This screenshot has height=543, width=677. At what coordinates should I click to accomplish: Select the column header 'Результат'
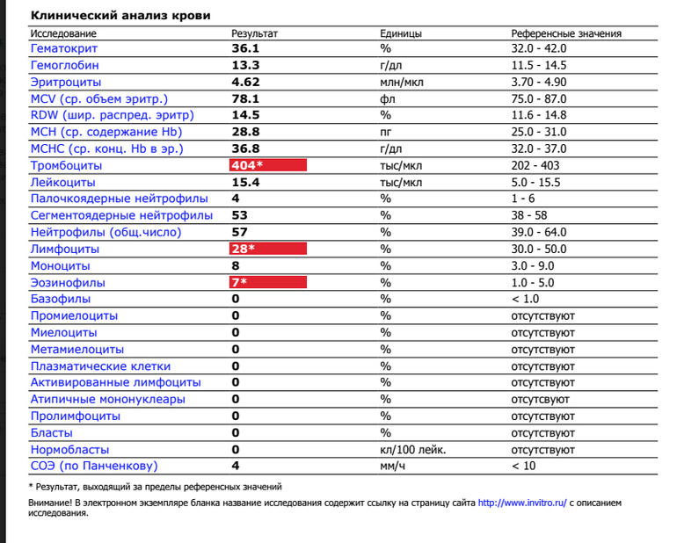254,33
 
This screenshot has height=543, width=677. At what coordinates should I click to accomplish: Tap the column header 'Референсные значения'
566,33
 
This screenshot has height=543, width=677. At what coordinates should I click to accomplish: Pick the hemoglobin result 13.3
245,65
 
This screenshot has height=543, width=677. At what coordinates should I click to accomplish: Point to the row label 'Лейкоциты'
63,182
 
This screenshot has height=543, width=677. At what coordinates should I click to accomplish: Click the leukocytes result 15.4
245,182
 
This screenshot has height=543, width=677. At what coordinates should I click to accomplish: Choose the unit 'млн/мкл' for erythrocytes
403,82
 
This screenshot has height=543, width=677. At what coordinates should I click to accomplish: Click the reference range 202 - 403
538,165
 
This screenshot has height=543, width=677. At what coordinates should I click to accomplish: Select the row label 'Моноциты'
61,265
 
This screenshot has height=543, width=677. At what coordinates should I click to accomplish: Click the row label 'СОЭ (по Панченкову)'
94,466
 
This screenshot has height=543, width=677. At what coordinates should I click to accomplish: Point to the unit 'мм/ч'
391,466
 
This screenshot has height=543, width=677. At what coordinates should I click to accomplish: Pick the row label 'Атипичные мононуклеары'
107,399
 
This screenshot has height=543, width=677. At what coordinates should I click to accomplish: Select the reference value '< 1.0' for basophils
527,299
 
